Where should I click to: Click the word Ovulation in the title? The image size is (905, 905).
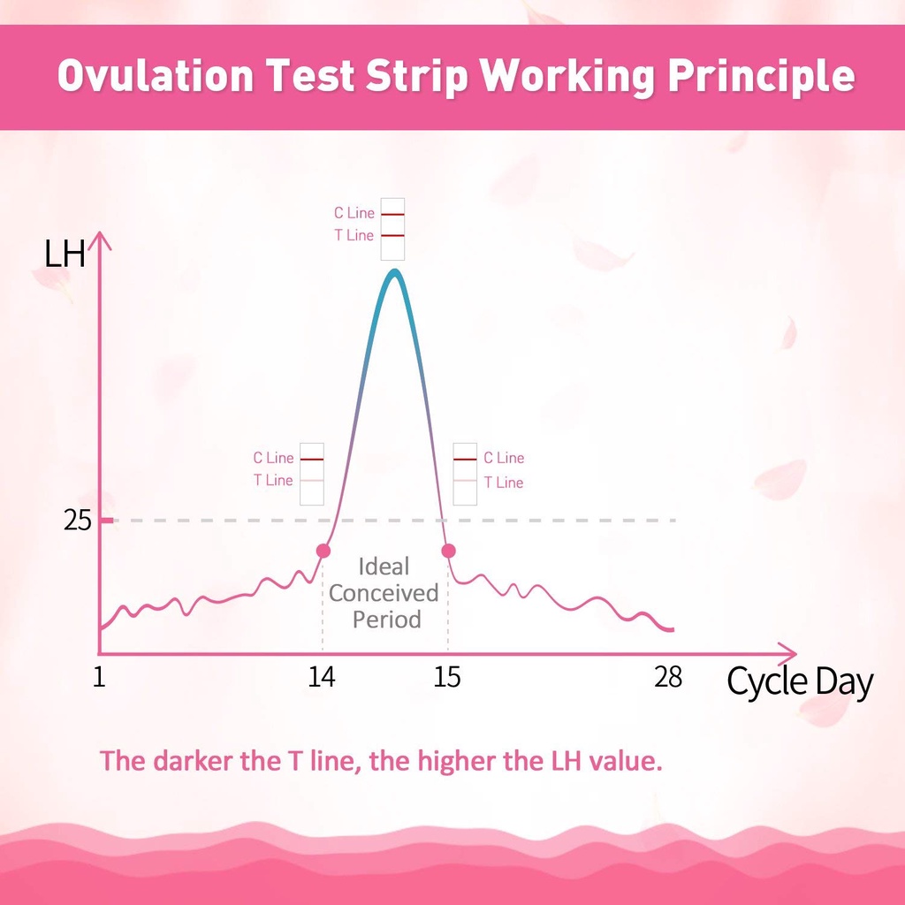(x=156, y=77)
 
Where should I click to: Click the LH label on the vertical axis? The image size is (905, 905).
(x=65, y=255)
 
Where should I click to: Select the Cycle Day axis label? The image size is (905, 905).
(x=800, y=682)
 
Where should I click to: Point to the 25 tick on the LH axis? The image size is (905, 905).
(x=78, y=521)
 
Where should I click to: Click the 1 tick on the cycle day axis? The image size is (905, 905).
(x=99, y=678)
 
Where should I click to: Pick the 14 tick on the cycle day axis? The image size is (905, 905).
(x=322, y=678)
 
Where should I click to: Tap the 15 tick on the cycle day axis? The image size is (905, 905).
(x=448, y=678)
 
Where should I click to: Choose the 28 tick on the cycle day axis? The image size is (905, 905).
(x=668, y=678)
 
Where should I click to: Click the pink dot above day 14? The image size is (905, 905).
(x=323, y=551)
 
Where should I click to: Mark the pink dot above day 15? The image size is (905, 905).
(x=448, y=551)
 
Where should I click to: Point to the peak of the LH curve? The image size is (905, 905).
(x=394, y=272)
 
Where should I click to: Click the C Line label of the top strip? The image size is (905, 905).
(x=354, y=213)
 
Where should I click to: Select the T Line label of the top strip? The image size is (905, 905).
(x=354, y=236)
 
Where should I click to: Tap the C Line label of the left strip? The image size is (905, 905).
(x=273, y=458)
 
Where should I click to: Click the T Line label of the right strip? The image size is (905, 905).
(x=503, y=483)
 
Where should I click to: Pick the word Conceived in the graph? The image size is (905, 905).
(x=384, y=593)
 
